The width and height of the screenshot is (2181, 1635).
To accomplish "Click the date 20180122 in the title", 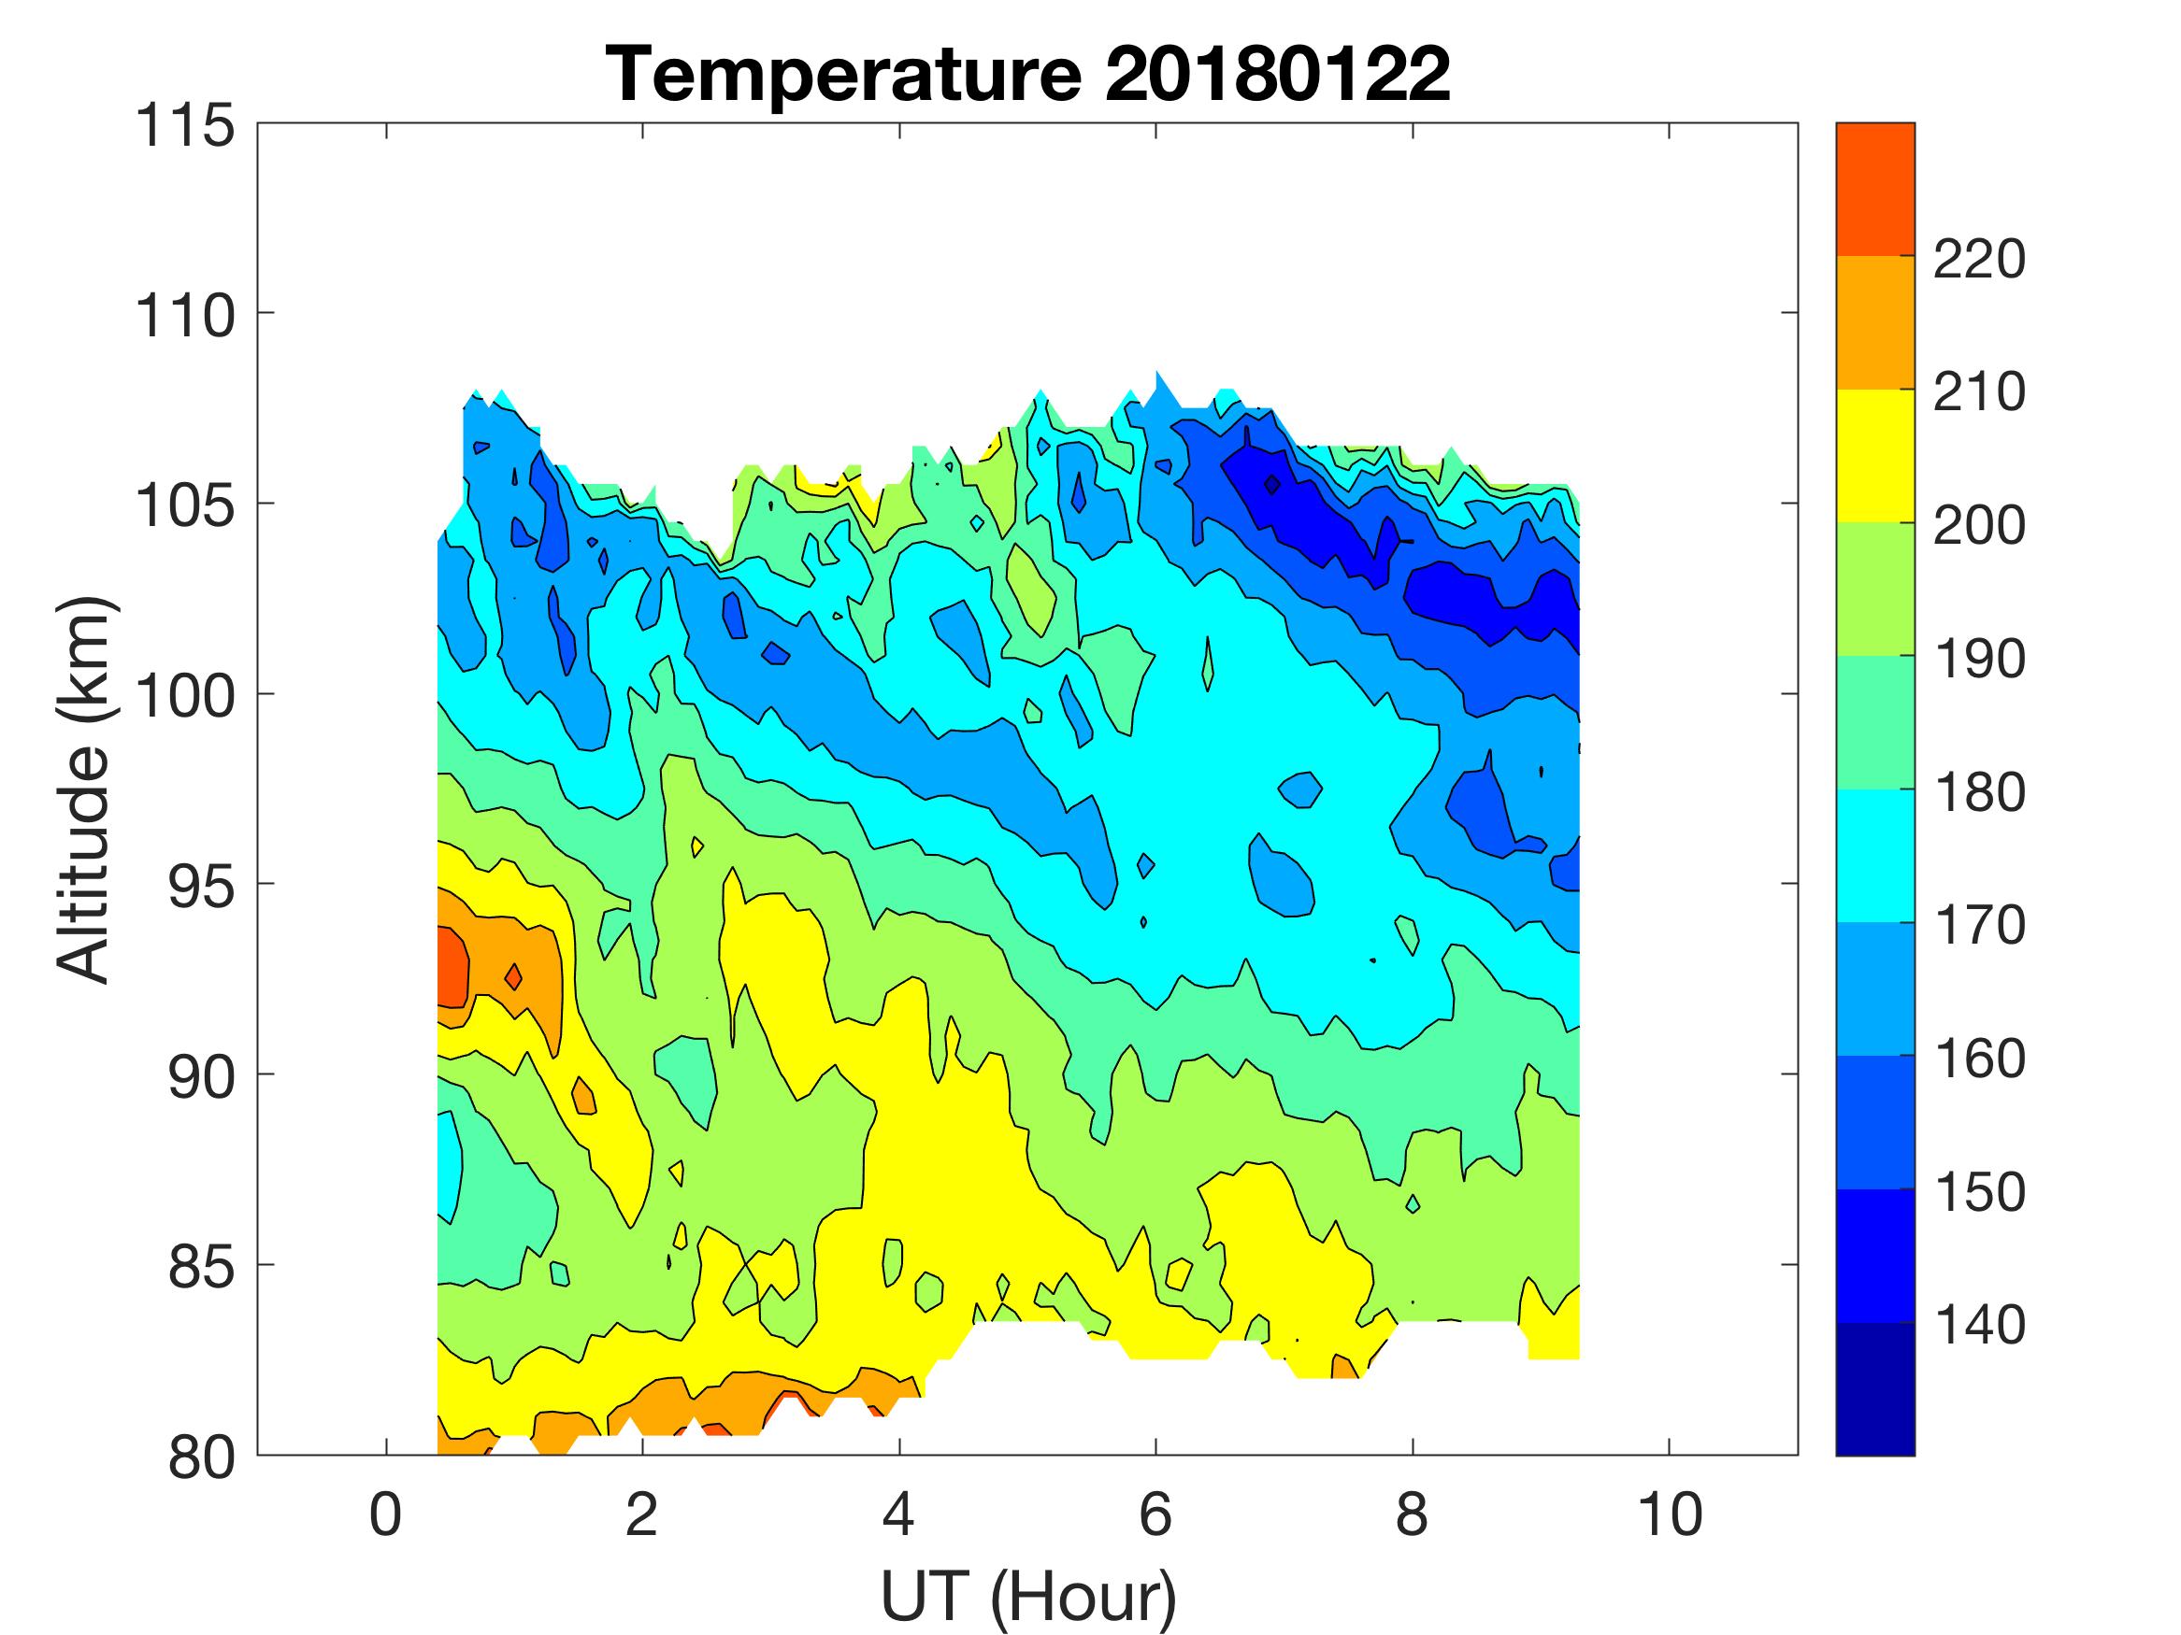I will [x=1276, y=74].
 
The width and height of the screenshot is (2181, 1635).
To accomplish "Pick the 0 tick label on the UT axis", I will [x=385, y=1514].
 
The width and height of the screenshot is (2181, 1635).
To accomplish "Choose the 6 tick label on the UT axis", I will [x=1155, y=1514].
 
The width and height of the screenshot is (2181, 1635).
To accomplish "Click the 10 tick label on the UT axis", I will [x=1670, y=1514].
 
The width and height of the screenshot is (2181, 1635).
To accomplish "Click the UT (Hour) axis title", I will [x=1027, y=1597].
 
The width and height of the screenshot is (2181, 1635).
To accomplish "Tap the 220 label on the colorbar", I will [x=1979, y=260].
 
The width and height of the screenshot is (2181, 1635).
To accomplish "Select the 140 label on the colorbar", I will [x=1979, y=1326].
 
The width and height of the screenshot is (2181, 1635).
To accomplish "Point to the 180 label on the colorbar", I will [x=1979, y=792].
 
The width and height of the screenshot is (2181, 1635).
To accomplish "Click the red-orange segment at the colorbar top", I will [x=1874, y=190].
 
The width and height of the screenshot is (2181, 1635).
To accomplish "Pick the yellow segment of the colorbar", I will [x=1874, y=455].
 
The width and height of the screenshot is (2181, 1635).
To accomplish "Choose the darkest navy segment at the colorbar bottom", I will [x=1874, y=1388].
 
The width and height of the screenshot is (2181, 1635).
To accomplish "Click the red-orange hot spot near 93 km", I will [x=452, y=968].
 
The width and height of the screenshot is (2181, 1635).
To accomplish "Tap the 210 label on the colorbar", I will [x=1979, y=393].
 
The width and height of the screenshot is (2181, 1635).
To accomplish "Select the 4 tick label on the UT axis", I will [x=898, y=1514].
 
